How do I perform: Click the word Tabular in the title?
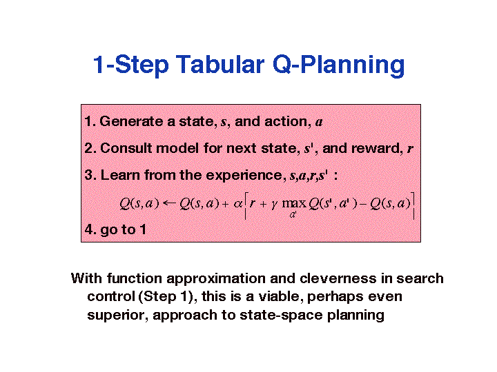point(220,65)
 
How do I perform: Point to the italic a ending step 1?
point(319,123)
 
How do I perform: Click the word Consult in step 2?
point(126,148)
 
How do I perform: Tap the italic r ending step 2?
point(410,149)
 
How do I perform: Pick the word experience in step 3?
point(244,176)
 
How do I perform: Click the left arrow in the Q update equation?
point(169,203)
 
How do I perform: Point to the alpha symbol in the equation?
point(237,204)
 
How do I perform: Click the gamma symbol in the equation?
point(275,205)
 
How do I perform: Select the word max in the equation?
point(294,203)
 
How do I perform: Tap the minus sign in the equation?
point(364,204)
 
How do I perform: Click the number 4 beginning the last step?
point(89,229)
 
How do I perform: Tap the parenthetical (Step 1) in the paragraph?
point(166,297)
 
